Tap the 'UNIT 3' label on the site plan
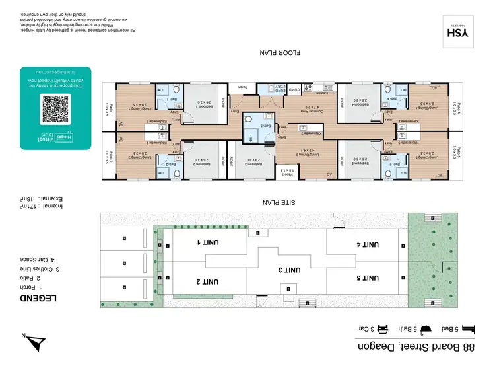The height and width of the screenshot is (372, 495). [281, 269]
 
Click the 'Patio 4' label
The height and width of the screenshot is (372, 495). [457, 108]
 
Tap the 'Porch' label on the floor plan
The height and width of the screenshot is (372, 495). [243, 87]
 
